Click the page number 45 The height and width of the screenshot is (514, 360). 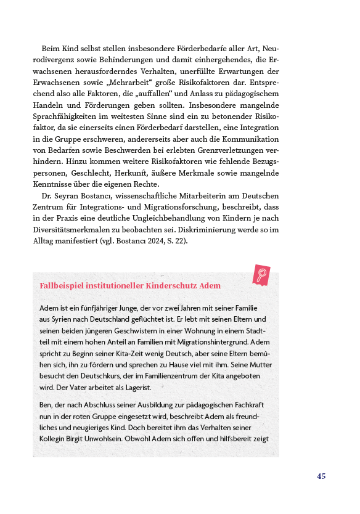[321, 476]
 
